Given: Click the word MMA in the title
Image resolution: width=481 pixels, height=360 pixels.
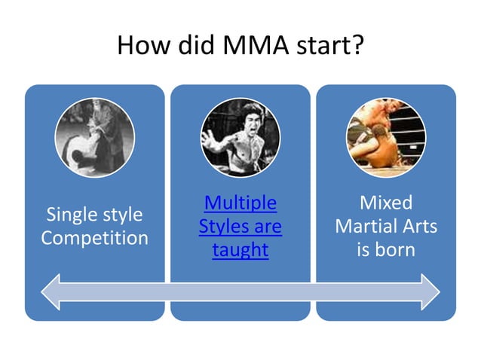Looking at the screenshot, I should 256,47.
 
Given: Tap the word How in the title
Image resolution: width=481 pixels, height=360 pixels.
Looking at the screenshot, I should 139,47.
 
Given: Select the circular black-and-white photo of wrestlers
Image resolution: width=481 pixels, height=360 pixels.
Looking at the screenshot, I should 94,138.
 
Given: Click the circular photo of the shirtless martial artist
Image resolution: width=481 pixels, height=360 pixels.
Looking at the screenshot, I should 240,138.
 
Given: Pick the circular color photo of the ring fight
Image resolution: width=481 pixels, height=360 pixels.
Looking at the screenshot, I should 385,138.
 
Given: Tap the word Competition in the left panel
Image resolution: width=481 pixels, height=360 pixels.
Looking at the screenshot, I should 94,239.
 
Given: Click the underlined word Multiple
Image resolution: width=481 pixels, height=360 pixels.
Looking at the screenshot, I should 240,203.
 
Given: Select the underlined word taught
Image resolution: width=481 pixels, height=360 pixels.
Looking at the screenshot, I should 240,250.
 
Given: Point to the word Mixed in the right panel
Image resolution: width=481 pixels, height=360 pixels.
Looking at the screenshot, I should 386,203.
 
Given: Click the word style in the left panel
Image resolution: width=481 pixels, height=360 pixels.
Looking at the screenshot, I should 121,215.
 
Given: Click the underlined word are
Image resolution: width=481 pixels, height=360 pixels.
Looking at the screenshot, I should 267,227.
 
